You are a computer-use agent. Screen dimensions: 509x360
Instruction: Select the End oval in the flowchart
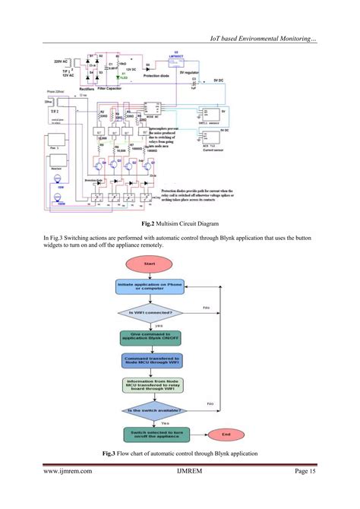point(226,435)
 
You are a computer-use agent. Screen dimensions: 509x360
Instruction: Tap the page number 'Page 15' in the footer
point(305,472)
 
